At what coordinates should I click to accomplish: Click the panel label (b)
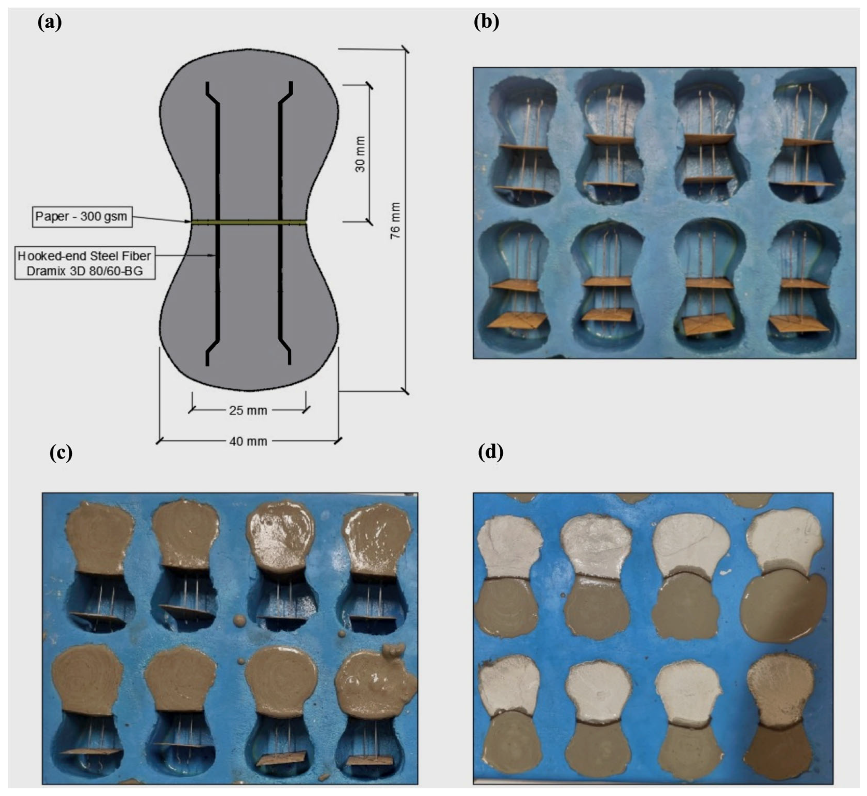click(487, 22)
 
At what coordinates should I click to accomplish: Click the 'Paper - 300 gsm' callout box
click(82, 217)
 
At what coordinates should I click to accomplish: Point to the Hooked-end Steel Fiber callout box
click(85, 263)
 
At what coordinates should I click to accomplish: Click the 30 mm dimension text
click(360, 154)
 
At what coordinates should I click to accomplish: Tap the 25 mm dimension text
click(248, 410)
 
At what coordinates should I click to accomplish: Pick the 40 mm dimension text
click(248, 441)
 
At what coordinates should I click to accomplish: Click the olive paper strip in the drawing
click(249, 223)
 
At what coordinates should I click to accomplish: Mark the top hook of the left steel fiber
click(212, 92)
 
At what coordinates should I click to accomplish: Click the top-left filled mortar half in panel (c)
click(100, 538)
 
